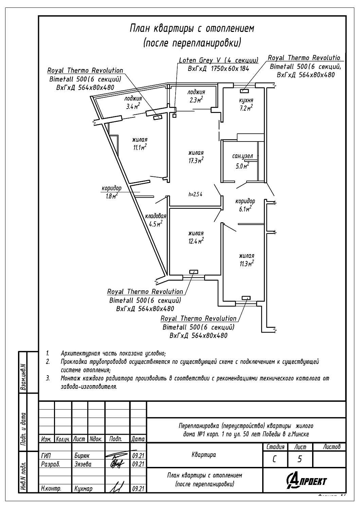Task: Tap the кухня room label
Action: click(246, 100)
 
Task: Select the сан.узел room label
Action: click(242, 156)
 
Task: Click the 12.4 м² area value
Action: click(196, 241)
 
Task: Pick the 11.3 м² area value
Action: click(247, 264)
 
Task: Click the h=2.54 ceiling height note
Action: click(195, 194)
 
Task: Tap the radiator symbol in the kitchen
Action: click(244, 91)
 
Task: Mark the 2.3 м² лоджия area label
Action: click(196, 100)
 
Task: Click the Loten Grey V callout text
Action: click(218, 60)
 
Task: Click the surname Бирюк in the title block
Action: click(82, 456)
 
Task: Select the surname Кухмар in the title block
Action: click(83, 489)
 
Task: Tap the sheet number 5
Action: click(300, 459)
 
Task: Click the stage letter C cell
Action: click(274, 459)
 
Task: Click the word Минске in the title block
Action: click(300, 434)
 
